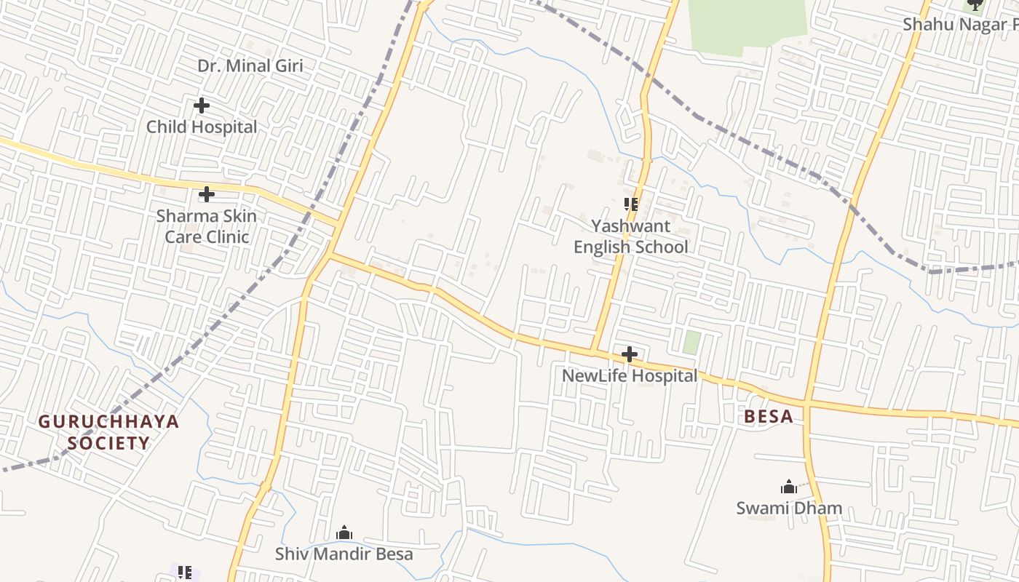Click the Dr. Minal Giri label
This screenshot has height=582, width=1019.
[x=250, y=65]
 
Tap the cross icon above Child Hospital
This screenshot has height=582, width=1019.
[x=202, y=105]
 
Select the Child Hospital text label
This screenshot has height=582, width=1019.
[x=202, y=127]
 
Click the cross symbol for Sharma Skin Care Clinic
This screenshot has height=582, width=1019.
[x=207, y=194]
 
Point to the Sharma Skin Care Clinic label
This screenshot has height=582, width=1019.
[x=207, y=226]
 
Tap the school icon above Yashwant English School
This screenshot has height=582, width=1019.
[x=630, y=204]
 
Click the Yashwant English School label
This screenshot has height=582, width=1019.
[x=630, y=236]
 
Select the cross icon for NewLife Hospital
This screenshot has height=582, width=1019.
[x=630, y=355]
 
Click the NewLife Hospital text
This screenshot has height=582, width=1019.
[x=630, y=376]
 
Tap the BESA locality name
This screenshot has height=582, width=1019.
[x=769, y=417]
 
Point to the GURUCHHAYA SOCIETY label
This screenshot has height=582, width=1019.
[x=108, y=432]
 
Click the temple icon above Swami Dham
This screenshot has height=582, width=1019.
[x=788, y=487]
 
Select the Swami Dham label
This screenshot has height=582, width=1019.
[x=789, y=508]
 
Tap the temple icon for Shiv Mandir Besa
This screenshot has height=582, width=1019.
[x=344, y=533]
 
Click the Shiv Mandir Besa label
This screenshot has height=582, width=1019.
[x=344, y=554]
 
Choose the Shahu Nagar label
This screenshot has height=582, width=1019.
[x=959, y=24]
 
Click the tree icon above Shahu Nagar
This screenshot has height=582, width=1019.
[x=974, y=4]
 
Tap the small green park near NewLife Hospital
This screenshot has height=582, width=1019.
[x=691, y=343]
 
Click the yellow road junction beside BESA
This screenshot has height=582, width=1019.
[x=806, y=402]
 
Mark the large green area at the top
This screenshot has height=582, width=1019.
[x=746, y=22]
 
